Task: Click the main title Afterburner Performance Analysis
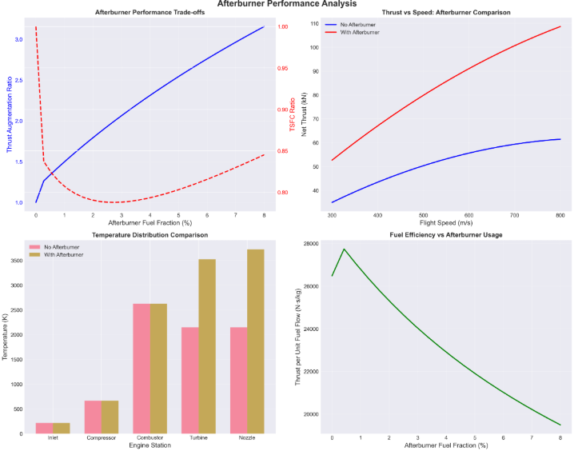[286, 5]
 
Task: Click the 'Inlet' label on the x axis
[53, 438]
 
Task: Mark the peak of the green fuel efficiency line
[344, 249]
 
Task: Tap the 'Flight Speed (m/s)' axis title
[446, 224]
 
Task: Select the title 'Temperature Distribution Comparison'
[149, 235]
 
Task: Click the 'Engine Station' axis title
[150, 445]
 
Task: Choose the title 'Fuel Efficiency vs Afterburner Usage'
[446, 235]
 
